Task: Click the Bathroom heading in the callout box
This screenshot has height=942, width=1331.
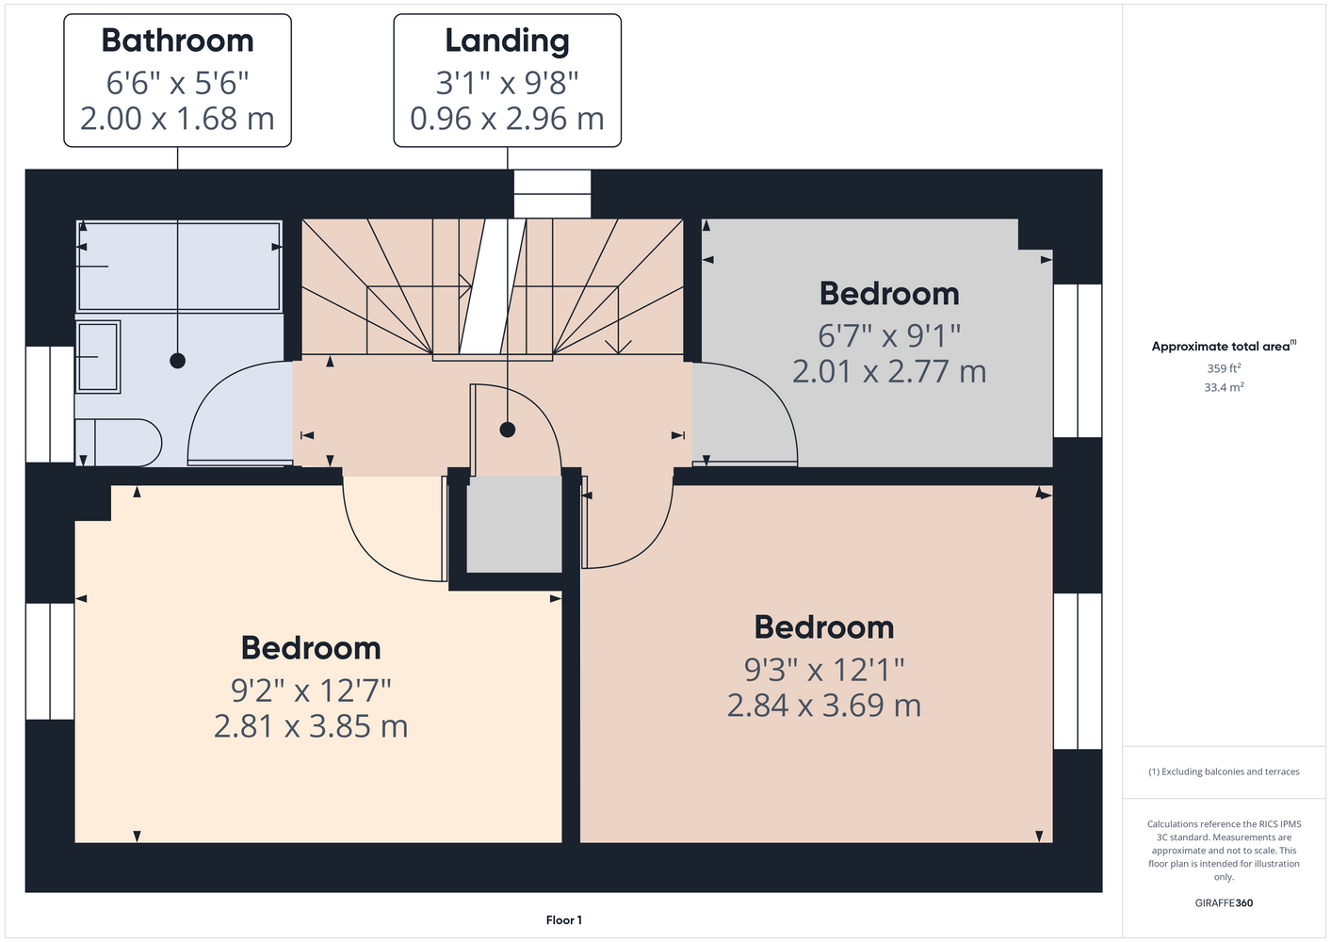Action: pyautogui.click(x=178, y=41)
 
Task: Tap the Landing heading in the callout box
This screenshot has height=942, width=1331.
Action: pyautogui.click(x=508, y=41)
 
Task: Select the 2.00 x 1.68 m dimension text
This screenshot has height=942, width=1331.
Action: pyautogui.click(x=178, y=119)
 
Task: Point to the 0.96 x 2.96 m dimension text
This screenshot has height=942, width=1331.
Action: pyautogui.click(x=508, y=119)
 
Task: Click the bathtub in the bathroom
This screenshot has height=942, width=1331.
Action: pyautogui.click(x=179, y=266)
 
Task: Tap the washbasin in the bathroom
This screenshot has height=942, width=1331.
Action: pyautogui.click(x=98, y=357)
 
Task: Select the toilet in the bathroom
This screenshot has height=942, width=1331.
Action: pyautogui.click(x=119, y=443)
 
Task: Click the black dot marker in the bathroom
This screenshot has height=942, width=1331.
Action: pyautogui.click(x=178, y=361)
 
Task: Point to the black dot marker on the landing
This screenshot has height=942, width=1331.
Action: pyautogui.click(x=508, y=430)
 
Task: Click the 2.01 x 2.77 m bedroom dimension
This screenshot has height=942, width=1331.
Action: pyautogui.click(x=889, y=371)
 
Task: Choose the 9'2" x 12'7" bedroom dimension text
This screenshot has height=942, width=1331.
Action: pyautogui.click(x=311, y=690)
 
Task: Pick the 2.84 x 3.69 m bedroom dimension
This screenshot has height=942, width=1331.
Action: pyautogui.click(x=824, y=706)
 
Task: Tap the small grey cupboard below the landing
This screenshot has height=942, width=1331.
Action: pyautogui.click(x=514, y=524)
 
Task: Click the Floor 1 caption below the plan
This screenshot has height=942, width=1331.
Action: pyautogui.click(x=564, y=920)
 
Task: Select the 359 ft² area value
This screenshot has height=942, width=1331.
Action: pyautogui.click(x=1224, y=368)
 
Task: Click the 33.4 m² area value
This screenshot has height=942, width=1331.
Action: pyautogui.click(x=1224, y=387)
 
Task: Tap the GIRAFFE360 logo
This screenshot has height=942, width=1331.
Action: pyautogui.click(x=1224, y=902)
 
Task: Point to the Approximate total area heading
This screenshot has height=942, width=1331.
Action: pyautogui.click(x=1224, y=346)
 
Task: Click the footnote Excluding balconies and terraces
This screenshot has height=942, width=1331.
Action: pyautogui.click(x=1224, y=771)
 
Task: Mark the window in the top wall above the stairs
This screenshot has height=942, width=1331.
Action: pyautogui.click(x=553, y=194)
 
